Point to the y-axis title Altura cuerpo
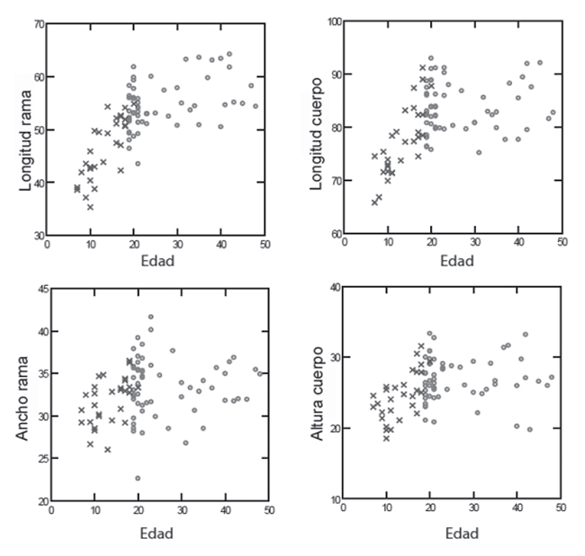(316, 410)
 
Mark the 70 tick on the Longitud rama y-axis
(39, 23)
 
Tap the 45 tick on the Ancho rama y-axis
(39, 289)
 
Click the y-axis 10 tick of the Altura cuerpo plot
(332, 500)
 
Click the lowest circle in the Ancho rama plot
(138, 479)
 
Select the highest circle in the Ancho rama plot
(150, 317)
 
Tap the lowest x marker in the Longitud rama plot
(90, 207)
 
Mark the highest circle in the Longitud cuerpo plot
(430, 58)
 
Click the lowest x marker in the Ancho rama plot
(107, 449)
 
